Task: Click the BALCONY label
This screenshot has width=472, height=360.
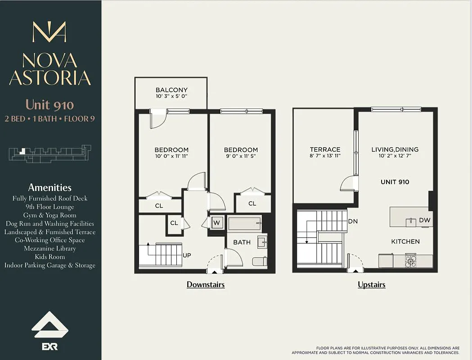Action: [x=171, y=90]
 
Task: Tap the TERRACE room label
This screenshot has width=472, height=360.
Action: [x=325, y=149]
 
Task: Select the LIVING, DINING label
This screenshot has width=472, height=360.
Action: [x=395, y=149]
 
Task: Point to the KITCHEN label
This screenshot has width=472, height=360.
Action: [x=405, y=242]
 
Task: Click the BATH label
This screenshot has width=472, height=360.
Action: [x=242, y=243]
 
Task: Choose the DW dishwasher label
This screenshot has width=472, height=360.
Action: [x=424, y=220]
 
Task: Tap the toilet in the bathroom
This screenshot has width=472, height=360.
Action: [x=260, y=261]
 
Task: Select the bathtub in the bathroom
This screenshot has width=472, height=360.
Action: [x=244, y=223]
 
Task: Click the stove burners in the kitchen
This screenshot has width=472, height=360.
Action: [x=410, y=261]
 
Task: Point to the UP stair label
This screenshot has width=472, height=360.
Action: [x=187, y=255]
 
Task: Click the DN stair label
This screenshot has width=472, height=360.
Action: [x=353, y=221]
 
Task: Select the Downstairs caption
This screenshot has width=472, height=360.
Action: [x=206, y=285]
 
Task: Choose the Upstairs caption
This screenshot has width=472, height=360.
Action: [x=372, y=285]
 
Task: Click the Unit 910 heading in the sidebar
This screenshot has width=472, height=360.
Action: [x=49, y=105]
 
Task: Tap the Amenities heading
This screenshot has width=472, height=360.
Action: [x=49, y=188]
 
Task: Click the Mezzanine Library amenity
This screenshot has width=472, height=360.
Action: [x=49, y=248]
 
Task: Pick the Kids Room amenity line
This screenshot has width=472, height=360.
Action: [x=49, y=257]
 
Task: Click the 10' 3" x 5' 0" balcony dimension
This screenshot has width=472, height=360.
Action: [x=171, y=97]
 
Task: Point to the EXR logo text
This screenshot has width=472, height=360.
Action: [x=49, y=347]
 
